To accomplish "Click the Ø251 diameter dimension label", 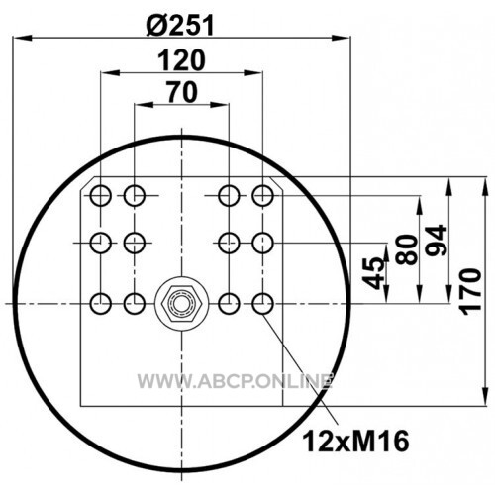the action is (180, 26).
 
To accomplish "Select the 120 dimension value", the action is (182, 60).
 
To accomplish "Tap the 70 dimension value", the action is (182, 92).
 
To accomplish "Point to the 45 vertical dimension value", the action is (373, 273).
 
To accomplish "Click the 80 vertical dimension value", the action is (407, 249).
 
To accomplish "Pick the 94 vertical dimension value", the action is (437, 240).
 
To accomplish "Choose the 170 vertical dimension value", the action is (470, 292).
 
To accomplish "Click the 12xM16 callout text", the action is (355, 442).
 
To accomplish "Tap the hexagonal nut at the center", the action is (181, 303).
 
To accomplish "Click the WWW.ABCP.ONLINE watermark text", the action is (235, 381).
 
